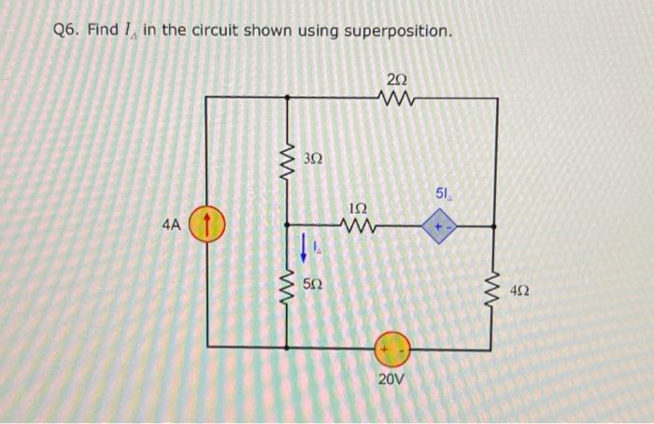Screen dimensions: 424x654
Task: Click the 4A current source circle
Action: tap(207, 226)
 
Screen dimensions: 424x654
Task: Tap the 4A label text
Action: tap(170, 226)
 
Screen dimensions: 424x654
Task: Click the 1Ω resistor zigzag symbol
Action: tap(359, 226)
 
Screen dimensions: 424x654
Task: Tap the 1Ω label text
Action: tap(357, 206)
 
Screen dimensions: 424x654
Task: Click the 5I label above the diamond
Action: tap(443, 194)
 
